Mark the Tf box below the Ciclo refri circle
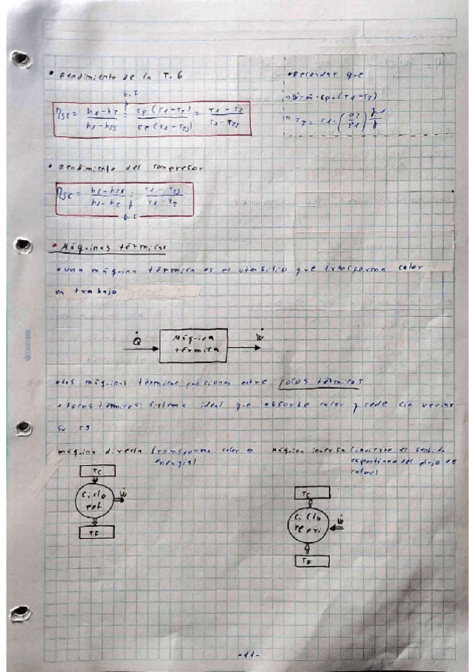click(x=308, y=561)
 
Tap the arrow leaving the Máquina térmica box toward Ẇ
click(x=244, y=346)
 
